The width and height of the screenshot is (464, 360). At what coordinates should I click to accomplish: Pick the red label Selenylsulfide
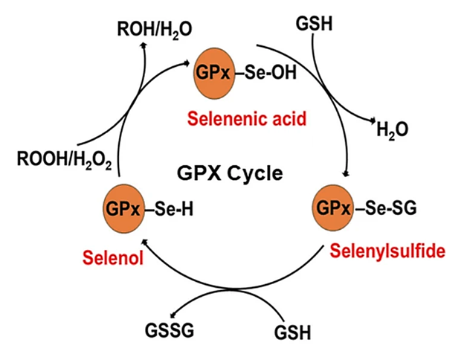387,251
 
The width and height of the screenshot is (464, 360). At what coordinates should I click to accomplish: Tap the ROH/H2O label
155,28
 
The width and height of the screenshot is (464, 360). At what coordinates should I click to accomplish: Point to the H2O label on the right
392,131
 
